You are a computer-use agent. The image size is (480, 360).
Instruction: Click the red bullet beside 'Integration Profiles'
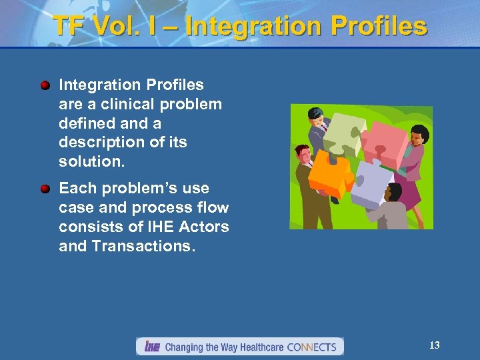(x=45, y=85)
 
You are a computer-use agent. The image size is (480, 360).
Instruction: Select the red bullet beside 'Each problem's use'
(x=45, y=189)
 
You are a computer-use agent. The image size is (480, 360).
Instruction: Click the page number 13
(x=434, y=345)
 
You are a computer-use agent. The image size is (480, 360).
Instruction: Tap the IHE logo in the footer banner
(x=150, y=347)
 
